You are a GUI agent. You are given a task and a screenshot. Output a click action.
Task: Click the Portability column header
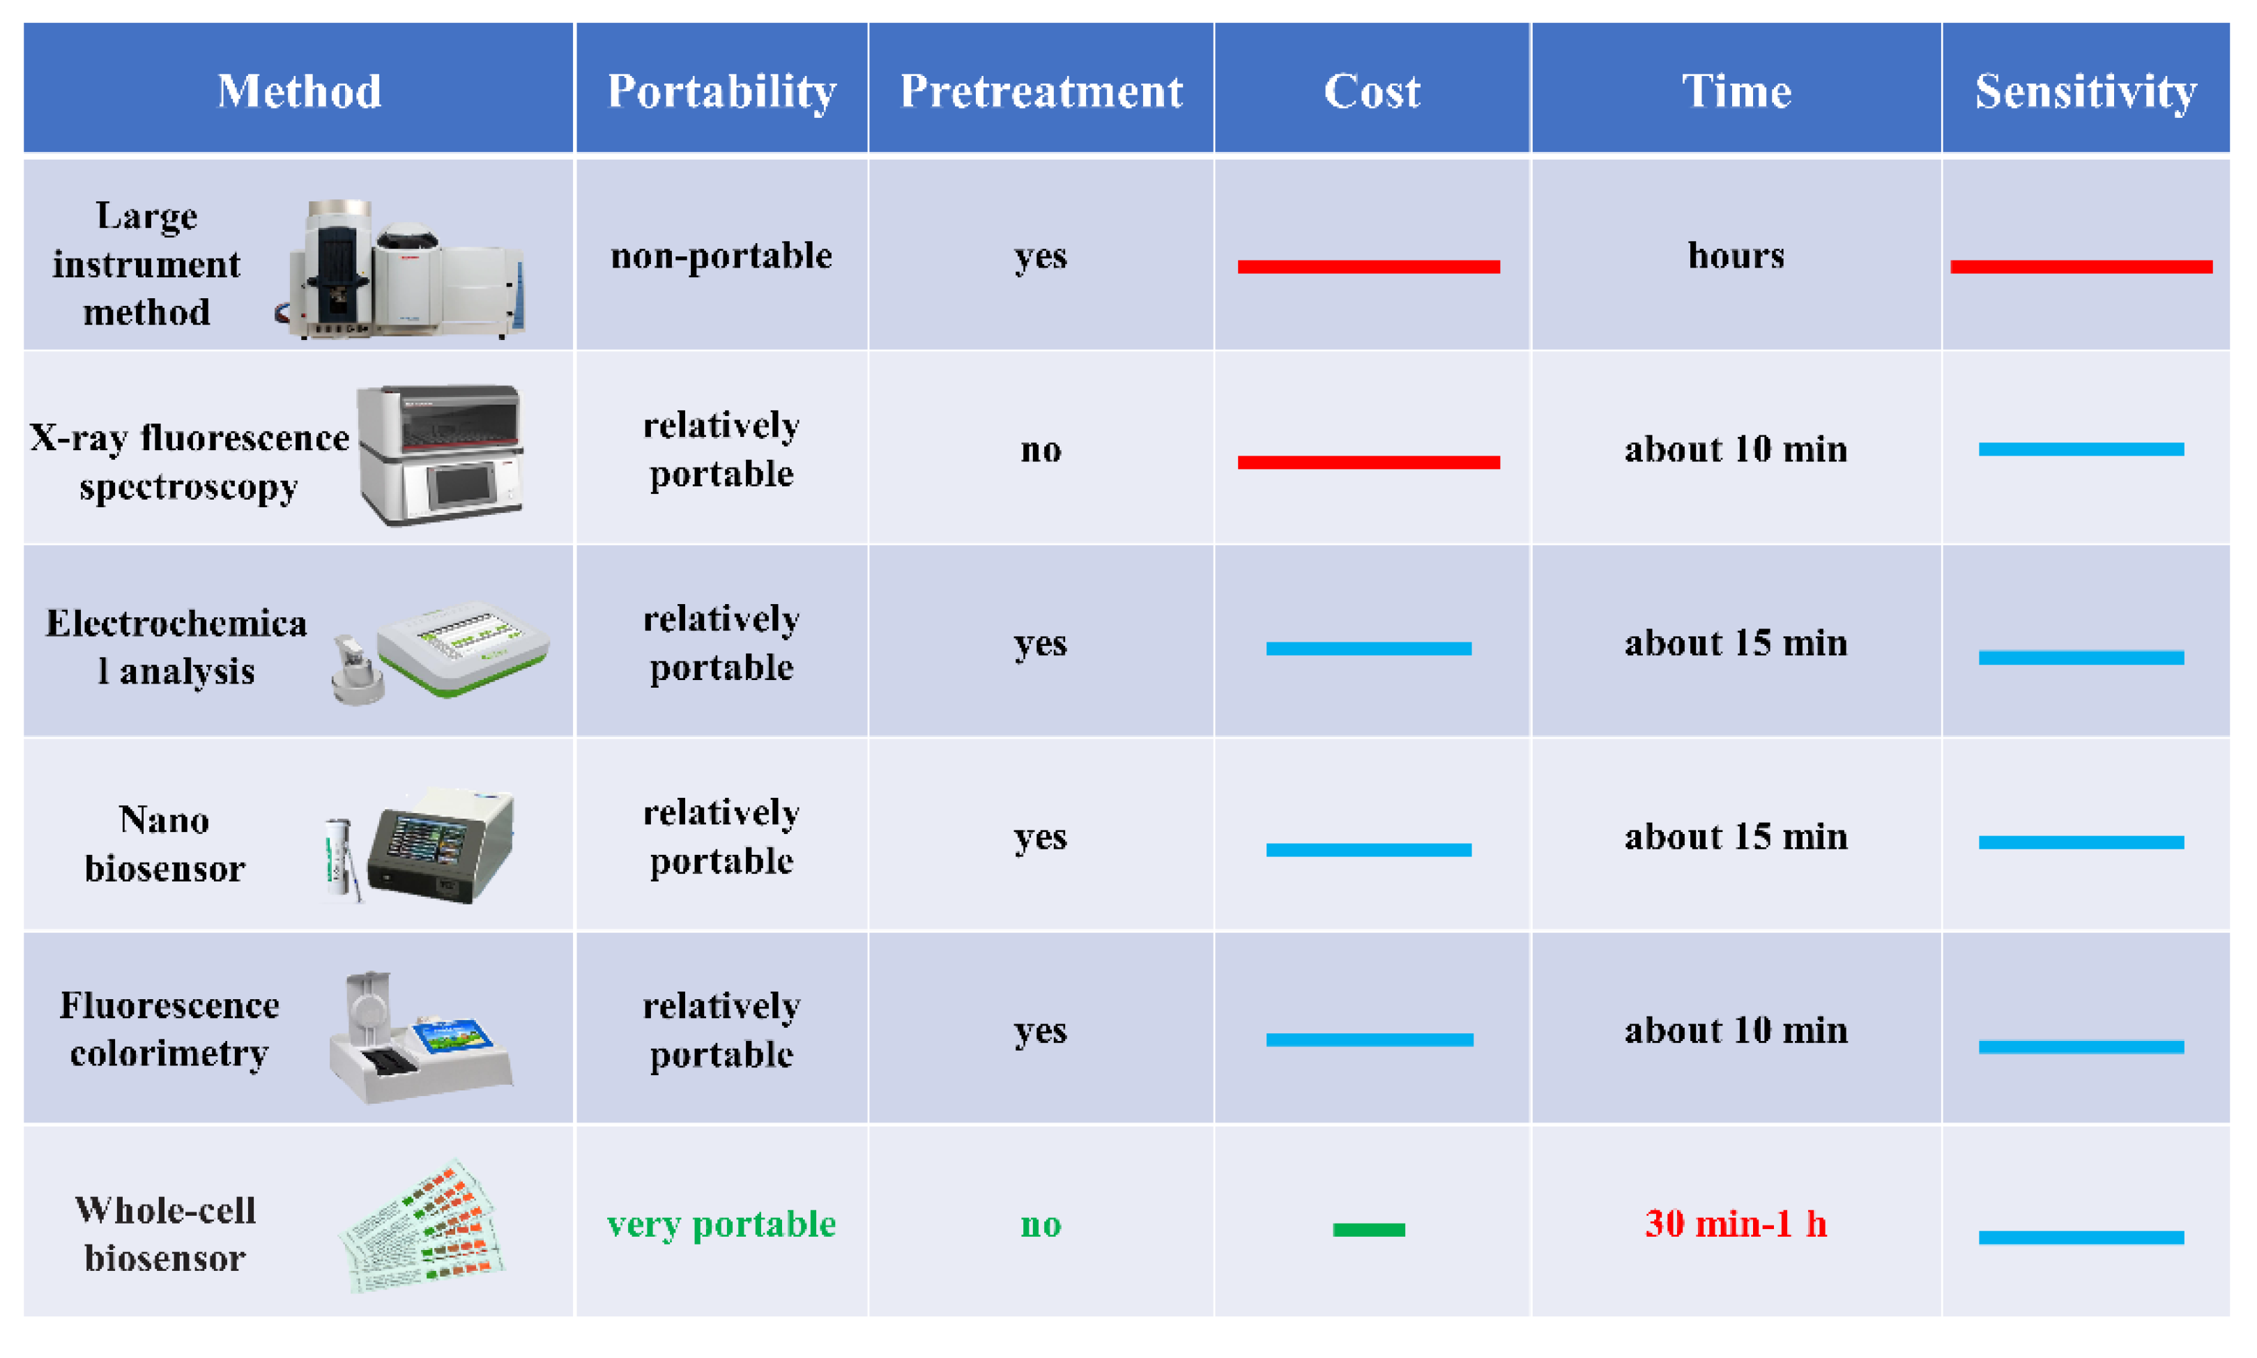click(x=721, y=91)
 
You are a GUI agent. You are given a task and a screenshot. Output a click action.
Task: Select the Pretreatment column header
click(x=1041, y=91)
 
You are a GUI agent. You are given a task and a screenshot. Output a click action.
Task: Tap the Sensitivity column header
click(x=2085, y=91)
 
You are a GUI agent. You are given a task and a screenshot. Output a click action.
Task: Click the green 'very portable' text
click(x=721, y=1224)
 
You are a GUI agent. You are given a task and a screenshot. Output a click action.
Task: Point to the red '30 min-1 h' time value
click(x=1736, y=1224)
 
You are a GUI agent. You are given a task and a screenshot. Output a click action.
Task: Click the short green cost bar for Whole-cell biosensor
click(x=1368, y=1229)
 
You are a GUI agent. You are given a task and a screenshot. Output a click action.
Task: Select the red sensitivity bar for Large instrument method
click(x=2081, y=266)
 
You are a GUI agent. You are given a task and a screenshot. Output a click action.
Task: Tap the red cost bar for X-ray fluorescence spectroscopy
click(x=1368, y=462)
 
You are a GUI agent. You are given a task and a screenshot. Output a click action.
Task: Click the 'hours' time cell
click(x=1736, y=255)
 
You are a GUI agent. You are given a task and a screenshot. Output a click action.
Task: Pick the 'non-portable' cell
click(x=721, y=255)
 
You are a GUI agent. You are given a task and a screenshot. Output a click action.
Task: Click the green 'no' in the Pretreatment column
click(x=1041, y=1224)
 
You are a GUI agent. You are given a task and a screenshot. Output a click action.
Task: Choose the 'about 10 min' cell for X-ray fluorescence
click(x=1736, y=449)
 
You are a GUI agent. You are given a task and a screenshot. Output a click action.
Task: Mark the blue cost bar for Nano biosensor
click(x=1368, y=850)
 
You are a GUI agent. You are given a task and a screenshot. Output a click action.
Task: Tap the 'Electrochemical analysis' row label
click(x=176, y=647)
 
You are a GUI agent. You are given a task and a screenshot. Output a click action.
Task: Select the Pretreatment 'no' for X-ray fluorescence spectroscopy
click(x=1041, y=450)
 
